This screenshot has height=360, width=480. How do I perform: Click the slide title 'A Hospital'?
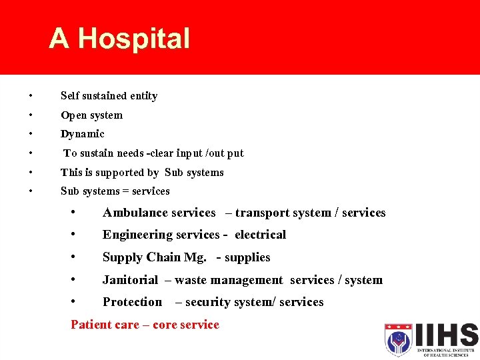(119, 39)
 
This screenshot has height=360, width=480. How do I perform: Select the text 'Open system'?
(91, 115)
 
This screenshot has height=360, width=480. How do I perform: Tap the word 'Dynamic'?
(82, 134)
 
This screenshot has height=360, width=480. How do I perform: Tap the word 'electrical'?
(260, 235)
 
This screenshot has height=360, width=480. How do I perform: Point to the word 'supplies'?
(247, 257)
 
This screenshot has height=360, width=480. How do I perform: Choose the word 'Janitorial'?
(130, 280)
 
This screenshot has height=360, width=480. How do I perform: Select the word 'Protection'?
(132, 302)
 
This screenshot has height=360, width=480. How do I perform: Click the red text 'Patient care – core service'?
(145, 325)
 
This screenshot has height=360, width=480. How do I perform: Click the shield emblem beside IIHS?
(399, 339)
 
